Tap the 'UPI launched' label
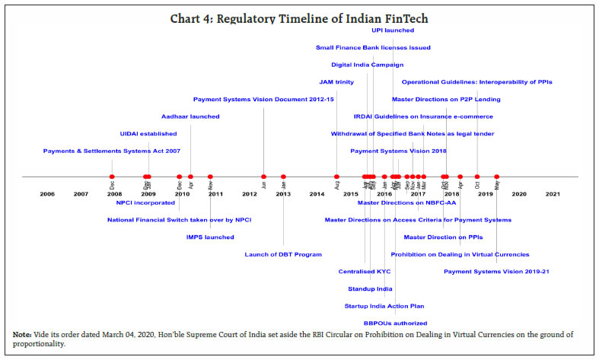point(393,30)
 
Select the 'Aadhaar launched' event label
point(190,116)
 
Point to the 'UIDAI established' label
point(148,133)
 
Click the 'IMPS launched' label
point(210,237)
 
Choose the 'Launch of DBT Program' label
point(283,254)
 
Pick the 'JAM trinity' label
point(336,81)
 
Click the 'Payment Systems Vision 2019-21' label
point(497,271)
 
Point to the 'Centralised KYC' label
point(365,271)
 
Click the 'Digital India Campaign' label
point(367,65)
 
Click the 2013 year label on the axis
point(283,194)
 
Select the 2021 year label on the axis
point(553,194)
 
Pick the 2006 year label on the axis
point(47,194)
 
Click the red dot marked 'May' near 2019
point(497,177)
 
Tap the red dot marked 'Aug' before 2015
point(336,177)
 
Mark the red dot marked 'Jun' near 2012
point(263,177)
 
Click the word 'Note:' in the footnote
point(23,335)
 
